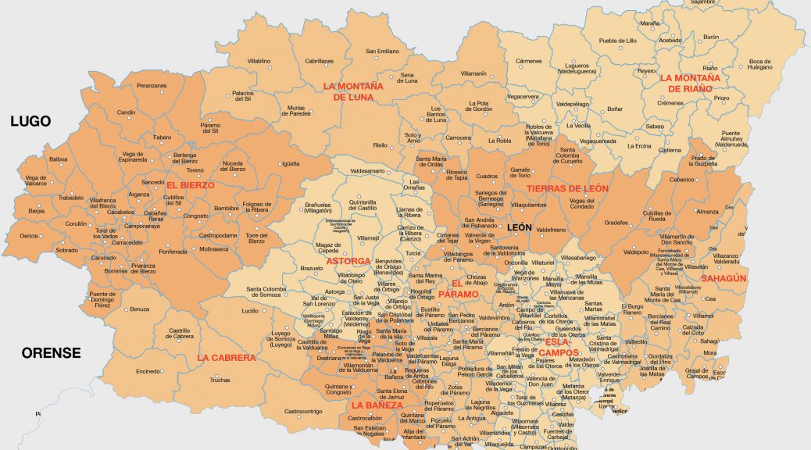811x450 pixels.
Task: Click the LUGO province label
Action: [30, 121]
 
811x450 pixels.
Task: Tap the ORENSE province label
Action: [51, 353]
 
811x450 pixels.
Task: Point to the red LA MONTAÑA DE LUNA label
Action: [357, 91]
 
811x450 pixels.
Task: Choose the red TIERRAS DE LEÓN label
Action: [566, 188]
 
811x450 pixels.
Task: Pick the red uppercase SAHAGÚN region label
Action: [723, 278]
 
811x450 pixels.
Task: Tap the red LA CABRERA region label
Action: [226, 358]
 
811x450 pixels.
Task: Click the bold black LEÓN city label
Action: [520, 227]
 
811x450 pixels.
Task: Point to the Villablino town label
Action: [259, 60]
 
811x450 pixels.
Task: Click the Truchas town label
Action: [220, 380]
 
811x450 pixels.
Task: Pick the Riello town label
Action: [380, 145]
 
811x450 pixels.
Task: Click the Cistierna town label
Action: [670, 150]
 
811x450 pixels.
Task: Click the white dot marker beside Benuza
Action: [127, 309]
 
